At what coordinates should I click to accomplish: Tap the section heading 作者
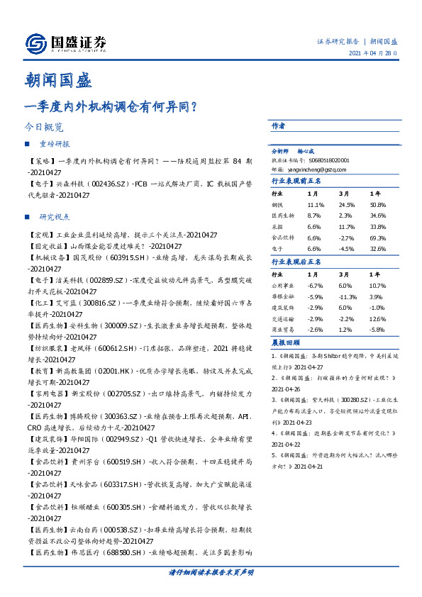pyautogui.click(x=278, y=125)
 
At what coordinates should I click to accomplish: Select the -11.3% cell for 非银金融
pyautogui.click(x=348, y=297)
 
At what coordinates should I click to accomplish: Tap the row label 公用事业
pyautogui.click(x=283, y=285)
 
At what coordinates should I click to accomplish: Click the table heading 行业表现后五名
pyautogui.click(x=296, y=262)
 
